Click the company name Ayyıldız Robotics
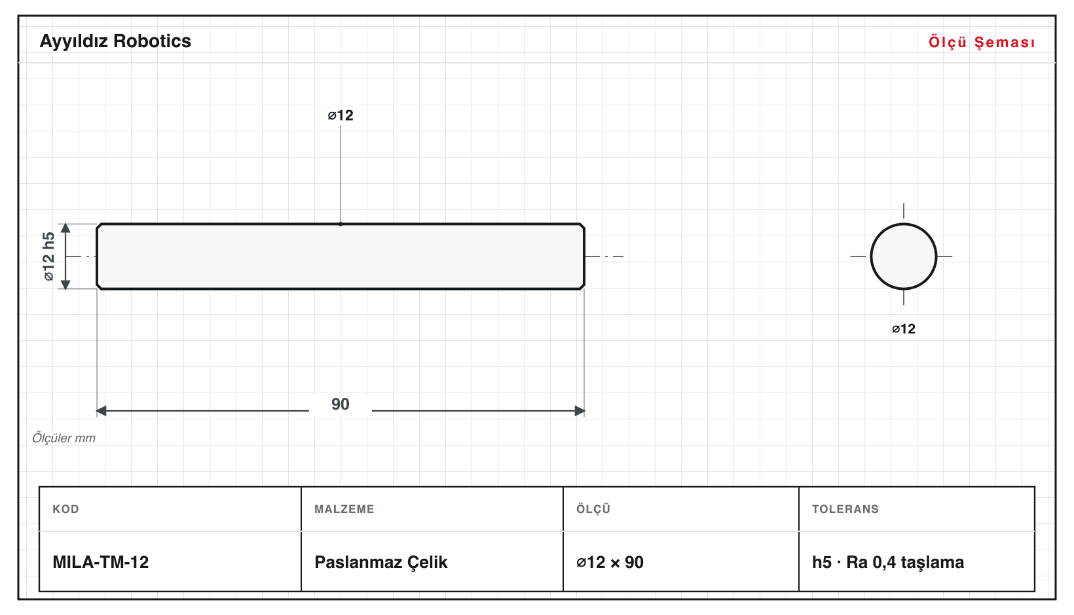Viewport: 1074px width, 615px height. [x=115, y=42]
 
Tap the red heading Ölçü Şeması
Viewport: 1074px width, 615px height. [x=982, y=42]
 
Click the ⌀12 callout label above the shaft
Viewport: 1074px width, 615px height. [x=341, y=115]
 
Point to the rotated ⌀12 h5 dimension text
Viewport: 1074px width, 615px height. [x=48, y=256]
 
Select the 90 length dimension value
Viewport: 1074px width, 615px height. [x=341, y=404]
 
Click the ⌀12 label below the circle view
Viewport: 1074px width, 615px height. [x=903, y=329]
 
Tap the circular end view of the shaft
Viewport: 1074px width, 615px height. [x=903, y=256]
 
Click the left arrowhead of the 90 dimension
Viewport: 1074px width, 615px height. [x=101, y=410]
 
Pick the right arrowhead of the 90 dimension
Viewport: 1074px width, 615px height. [x=579, y=410]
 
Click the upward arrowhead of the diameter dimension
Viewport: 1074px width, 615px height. [x=65, y=228]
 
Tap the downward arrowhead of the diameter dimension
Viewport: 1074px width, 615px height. [x=65, y=284]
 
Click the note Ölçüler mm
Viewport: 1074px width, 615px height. [x=64, y=438]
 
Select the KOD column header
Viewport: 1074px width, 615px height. [x=65, y=509]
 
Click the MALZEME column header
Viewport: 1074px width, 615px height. [x=344, y=509]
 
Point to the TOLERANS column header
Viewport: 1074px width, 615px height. [x=845, y=509]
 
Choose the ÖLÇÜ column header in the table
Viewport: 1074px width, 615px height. [x=593, y=508]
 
